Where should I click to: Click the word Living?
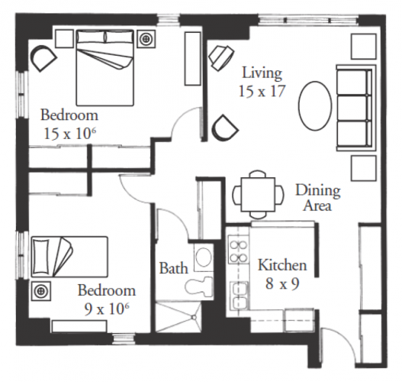tap(262, 73)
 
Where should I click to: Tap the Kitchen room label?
tap(282, 265)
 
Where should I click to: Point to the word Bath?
tap(174, 268)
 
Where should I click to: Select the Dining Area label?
tap(318, 198)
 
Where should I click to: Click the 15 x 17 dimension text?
tap(262, 91)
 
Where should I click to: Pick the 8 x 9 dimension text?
tap(282, 283)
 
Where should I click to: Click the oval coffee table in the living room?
tap(315, 105)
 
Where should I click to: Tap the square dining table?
tap(258, 194)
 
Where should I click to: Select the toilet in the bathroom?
tap(198, 287)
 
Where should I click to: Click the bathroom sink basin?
tap(204, 257)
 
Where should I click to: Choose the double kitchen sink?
tap(239, 295)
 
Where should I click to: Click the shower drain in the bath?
tap(194, 318)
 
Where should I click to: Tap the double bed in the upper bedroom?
tap(105, 68)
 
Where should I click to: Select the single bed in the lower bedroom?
tap(69, 257)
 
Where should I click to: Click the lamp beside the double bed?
tap(146, 39)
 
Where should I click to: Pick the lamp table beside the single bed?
tap(40, 291)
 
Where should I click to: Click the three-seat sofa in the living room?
tap(355, 108)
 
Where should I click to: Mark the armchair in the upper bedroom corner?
tap(43, 58)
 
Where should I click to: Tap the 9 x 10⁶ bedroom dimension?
tap(107, 309)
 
